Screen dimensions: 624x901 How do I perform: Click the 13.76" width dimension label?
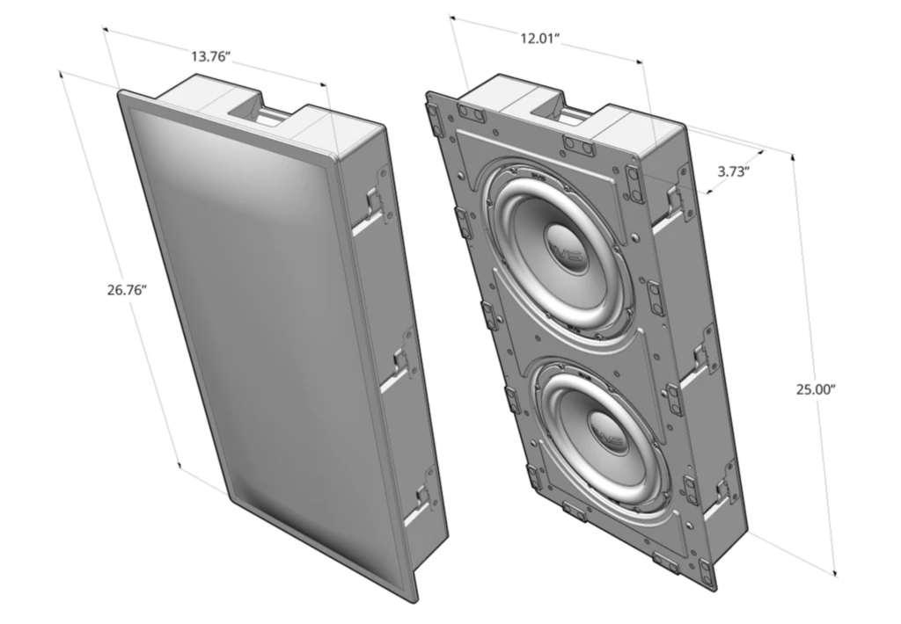[214, 57]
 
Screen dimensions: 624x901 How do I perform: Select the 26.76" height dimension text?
[121, 291]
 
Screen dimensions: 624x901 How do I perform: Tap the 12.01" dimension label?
[539, 40]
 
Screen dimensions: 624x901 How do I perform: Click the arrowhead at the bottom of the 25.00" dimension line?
[834, 575]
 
